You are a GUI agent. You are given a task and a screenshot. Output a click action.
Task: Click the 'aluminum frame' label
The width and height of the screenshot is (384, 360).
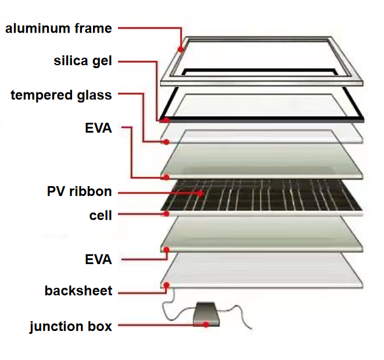(59, 28)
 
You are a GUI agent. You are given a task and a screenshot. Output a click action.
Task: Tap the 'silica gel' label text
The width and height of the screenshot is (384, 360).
(82, 61)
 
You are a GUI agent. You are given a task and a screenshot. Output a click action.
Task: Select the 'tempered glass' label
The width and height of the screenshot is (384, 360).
(61, 95)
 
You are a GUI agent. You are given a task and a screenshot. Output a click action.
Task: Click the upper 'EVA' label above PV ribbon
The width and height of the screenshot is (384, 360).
(98, 128)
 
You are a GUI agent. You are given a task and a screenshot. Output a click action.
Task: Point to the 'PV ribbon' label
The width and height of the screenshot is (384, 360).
(80, 191)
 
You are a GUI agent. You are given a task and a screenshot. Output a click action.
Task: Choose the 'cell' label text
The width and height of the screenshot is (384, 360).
(101, 215)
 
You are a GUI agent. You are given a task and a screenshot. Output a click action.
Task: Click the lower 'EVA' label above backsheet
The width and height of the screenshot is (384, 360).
(98, 259)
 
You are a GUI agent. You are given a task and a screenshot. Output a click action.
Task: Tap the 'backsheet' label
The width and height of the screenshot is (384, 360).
(78, 291)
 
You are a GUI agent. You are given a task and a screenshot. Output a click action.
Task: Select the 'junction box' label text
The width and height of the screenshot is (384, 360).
(71, 326)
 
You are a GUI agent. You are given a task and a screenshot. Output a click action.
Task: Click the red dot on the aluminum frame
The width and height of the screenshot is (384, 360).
(181, 49)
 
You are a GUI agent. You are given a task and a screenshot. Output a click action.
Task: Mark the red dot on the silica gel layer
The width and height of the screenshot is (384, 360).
(166, 120)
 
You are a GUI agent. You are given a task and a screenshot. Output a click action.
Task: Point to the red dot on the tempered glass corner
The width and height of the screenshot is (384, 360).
(166, 142)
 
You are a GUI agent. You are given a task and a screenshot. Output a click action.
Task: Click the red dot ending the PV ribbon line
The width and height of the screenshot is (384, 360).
(200, 194)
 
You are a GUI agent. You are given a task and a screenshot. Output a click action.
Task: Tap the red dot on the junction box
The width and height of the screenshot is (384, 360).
(206, 325)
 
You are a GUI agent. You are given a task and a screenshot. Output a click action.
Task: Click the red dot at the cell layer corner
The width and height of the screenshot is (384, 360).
(166, 213)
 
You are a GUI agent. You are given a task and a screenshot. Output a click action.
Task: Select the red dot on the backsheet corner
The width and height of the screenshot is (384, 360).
(166, 285)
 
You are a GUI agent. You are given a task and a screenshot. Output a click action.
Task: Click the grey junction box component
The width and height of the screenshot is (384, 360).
(206, 315)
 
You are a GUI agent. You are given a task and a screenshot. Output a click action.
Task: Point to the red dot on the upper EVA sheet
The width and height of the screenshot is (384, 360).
(166, 177)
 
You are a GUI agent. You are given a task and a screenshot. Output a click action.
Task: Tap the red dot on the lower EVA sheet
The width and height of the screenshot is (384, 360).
(166, 249)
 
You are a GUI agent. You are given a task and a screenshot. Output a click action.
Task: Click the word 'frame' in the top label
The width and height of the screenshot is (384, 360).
(94, 28)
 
